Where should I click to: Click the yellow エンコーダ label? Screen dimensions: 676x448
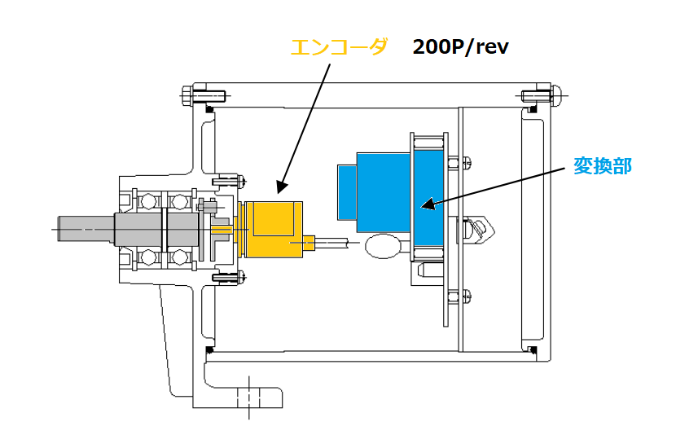(340, 47)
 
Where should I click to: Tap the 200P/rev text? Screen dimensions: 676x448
(460, 46)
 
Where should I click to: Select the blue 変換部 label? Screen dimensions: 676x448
(602, 166)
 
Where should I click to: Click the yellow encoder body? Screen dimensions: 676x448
(274, 230)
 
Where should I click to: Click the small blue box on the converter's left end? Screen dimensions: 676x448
(347, 192)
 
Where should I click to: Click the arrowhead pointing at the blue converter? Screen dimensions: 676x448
(428, 204)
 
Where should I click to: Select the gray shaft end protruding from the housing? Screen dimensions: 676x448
(86, 229)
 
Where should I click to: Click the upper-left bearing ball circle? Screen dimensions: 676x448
(148, 201)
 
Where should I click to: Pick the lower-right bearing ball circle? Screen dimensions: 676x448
(179, 257)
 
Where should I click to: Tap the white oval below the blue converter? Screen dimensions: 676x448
(384, 246)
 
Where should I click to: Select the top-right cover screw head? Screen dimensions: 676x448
(556, 96)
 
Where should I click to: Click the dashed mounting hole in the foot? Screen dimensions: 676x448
(248, 397)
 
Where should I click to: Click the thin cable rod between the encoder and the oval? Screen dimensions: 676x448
(332, 243)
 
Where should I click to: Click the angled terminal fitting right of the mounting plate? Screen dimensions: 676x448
(479, 230)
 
